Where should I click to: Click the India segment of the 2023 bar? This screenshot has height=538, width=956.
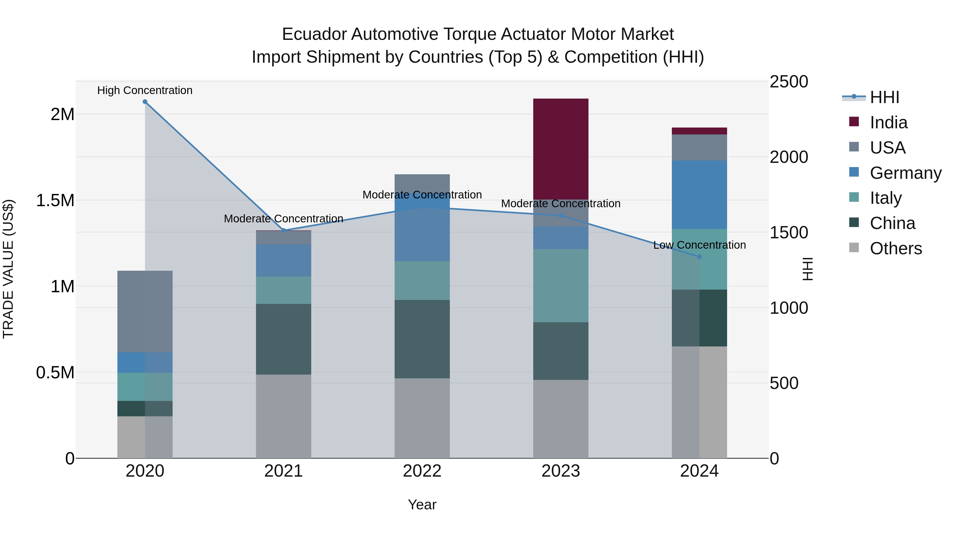560,149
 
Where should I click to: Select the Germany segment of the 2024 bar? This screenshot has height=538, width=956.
699,194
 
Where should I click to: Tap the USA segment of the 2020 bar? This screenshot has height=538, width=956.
145,311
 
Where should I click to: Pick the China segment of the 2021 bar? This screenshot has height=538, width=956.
284,339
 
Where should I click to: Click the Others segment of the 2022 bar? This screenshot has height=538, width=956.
422,418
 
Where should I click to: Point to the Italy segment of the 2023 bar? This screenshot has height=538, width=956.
560,286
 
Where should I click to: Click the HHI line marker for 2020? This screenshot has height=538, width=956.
145,102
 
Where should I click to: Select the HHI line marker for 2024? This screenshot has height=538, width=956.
699,257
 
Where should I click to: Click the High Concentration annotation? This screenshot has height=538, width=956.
145,90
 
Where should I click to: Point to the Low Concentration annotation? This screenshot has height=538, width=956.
699,245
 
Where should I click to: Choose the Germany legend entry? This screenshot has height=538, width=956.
905,173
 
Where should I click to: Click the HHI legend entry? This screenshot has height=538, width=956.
884,97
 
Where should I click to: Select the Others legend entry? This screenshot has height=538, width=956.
895,248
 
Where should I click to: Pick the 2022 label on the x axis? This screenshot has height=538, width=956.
422,471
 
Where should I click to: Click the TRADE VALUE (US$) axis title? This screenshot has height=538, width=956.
8,269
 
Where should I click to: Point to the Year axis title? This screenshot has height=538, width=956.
422,505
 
